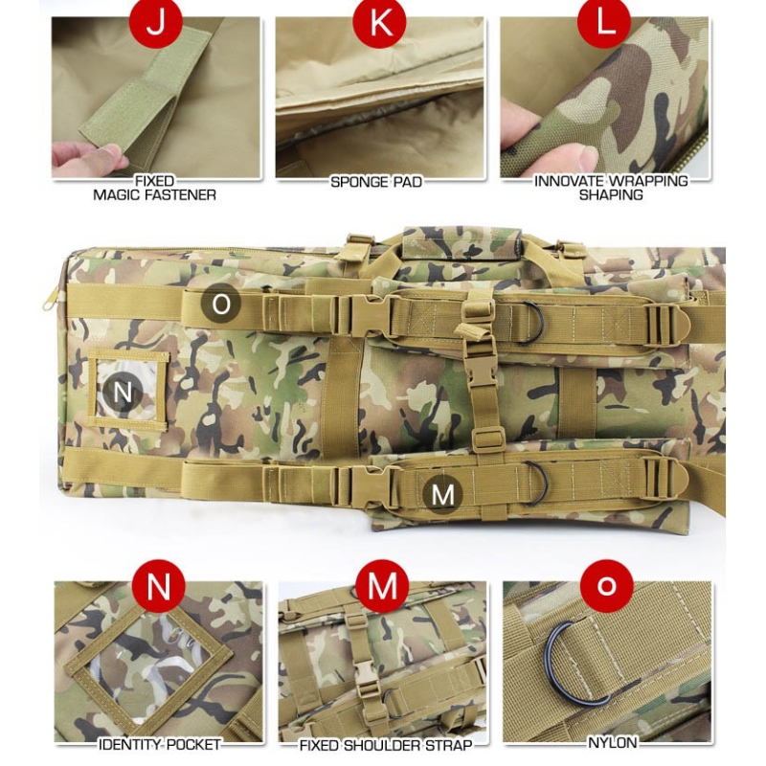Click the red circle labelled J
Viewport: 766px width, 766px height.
[x=156, y=22]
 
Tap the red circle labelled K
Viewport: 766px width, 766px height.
[x=379, y=22]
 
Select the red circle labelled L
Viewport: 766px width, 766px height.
[x=604, y=22]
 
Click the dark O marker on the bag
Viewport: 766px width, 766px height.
[x=221, y=304]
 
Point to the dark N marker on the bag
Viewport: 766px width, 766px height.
[x=123, y=392]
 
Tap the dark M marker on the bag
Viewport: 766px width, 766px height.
[x=442, y=494]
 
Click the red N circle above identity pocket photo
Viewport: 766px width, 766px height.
[x=159, y=586]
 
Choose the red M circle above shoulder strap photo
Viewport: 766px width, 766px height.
[x=382, y=586]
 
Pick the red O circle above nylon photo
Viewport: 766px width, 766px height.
[x=607, y=586]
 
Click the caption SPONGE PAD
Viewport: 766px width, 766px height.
[x=376, y=182]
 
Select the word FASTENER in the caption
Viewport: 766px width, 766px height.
[x=183, y=195]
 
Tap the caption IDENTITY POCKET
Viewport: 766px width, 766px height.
[x=159, y=745]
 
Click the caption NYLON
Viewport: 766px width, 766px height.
[x=613, y=743]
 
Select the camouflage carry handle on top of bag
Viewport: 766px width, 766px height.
[x=462, y=242]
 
